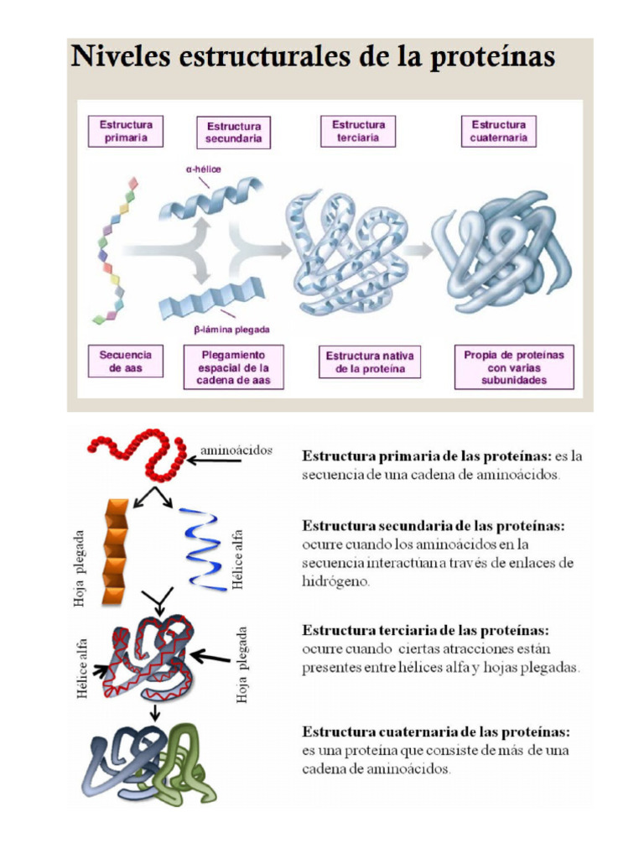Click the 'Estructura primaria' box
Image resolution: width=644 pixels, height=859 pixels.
[x=126, y=132]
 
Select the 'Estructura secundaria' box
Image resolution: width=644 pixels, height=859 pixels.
[x=234, y=133]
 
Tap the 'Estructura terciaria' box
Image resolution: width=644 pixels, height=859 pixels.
[x=358, y=132]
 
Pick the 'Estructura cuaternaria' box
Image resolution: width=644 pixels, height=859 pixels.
[x=498, y=132]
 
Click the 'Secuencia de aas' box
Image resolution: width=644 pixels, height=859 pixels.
[x=126, y=362]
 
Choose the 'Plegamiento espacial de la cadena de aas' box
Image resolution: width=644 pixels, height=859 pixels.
[x=234, y=367]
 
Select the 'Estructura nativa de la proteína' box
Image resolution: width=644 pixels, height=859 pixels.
[x=370, y=362]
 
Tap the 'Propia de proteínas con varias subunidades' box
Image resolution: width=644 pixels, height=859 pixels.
[x=514, y=367]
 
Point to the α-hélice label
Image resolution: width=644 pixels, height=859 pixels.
[x=204, y=169]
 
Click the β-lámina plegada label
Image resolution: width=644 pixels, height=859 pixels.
[x=231, y=330]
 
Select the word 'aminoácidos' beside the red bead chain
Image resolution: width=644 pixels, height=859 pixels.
[x=236, y=450]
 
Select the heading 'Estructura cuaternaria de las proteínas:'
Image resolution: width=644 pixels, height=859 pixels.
[x=436, y=731]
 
